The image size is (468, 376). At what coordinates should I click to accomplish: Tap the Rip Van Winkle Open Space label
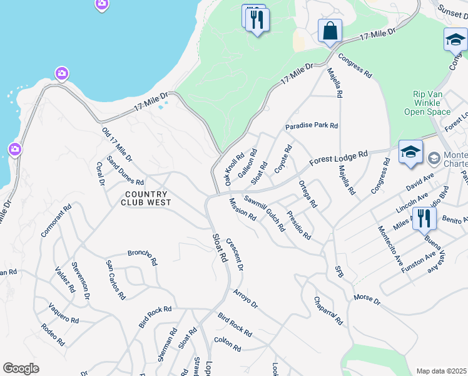432,103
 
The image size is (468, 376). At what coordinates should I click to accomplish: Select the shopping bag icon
330,31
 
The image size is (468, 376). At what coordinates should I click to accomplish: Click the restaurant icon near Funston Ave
424,219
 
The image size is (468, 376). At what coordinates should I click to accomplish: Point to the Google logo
21,368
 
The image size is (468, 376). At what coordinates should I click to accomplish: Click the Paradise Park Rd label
312,126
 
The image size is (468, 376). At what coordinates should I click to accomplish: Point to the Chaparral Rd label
328,311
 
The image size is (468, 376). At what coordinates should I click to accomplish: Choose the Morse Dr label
367,299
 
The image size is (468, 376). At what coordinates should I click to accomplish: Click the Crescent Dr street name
234,254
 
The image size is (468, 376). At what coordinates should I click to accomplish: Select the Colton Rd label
227,343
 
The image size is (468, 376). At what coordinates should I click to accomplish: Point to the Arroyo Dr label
245,298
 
